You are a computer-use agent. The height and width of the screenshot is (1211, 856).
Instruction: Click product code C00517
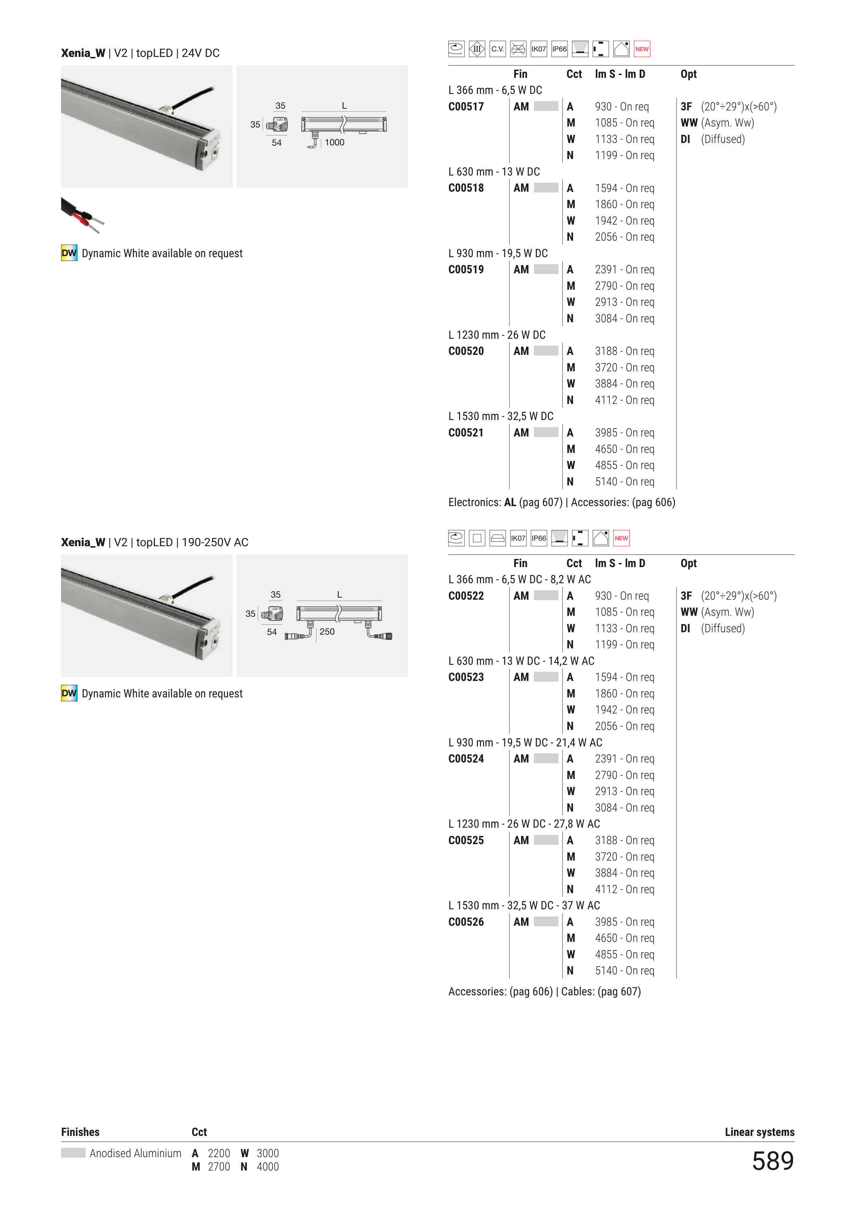pos(466,107)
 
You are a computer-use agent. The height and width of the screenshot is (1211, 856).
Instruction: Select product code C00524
pos(466,759)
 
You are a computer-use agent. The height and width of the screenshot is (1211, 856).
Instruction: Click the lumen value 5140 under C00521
pos(606,481)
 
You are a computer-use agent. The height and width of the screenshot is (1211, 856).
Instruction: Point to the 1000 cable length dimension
pos(334,142)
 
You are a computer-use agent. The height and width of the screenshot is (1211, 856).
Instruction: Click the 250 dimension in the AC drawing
pos(327,631)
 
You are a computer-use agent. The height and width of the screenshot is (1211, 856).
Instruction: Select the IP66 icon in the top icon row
pos(559,49)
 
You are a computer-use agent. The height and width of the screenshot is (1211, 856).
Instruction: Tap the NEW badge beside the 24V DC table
pos(642,49)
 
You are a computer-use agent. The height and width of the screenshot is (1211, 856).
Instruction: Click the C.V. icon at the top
pos(497,49)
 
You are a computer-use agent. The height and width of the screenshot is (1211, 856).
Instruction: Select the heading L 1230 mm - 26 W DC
pos(497,335)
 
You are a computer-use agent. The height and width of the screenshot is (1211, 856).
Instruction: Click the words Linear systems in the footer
pos(759,1132)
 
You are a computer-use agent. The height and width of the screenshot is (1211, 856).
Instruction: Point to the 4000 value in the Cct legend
pos(267,1167)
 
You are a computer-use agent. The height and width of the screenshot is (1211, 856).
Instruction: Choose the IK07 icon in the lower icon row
pos(518,538)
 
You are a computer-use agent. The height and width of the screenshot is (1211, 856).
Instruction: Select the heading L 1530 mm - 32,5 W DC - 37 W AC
pos(524,906)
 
